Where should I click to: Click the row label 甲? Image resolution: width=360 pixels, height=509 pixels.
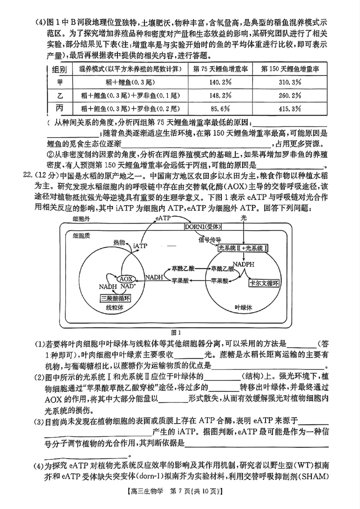60,82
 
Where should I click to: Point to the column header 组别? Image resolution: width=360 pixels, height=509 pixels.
60,69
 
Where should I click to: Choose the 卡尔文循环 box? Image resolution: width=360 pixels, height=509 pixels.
265,283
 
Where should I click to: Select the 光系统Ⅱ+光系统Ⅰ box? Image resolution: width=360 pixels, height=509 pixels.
243,248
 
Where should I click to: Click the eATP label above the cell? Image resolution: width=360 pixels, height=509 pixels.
163,218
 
